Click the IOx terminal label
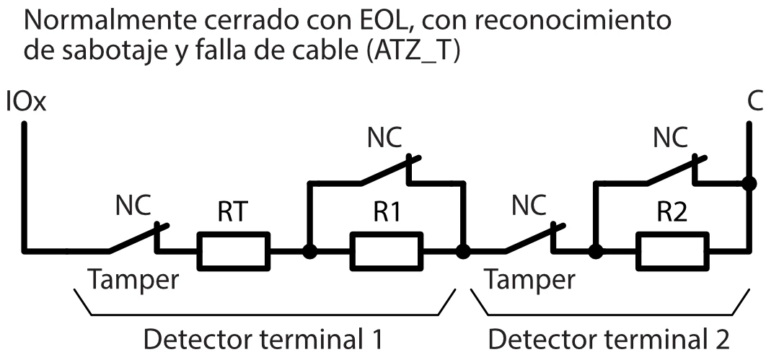[x=26, y=102]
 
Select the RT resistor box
[x=234, y=250]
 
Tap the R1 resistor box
[x=386, y=250]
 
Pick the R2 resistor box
[x=671, y=250]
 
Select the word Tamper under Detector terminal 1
[x=133, y=280]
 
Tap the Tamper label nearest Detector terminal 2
[x=530, y=280]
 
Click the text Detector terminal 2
[x=609, y=339]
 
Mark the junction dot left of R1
[x=309, y=252]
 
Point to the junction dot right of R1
[x=463, y=252]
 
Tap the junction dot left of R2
[x=595, y=252]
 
